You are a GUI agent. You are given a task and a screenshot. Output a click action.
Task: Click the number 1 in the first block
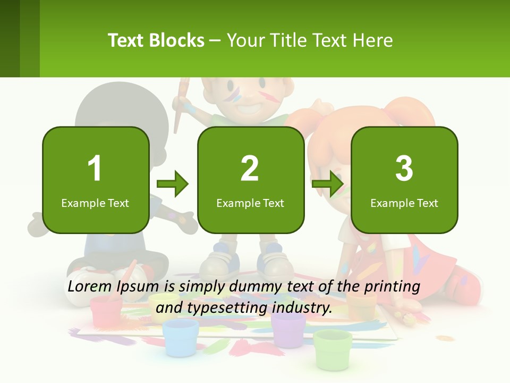tap(95, 169)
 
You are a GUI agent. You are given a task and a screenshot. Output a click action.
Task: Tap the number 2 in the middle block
tap(250, 169)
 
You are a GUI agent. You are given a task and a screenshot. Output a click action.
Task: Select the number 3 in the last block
tap(404, 169)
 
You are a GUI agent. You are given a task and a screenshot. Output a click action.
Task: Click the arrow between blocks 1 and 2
tap(173, 184)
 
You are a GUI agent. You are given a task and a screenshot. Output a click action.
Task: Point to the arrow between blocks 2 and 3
tap(328, 184)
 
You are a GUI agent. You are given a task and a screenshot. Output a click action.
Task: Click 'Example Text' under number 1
tap(95, 203)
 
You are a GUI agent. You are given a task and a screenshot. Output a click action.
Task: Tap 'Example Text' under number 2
tap(250, 203)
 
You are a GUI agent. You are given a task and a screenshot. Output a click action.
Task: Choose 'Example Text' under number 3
tap(404, 203)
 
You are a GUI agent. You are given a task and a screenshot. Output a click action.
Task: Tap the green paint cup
tap(333, 348)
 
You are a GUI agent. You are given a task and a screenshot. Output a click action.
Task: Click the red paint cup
tap(106, 311)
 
